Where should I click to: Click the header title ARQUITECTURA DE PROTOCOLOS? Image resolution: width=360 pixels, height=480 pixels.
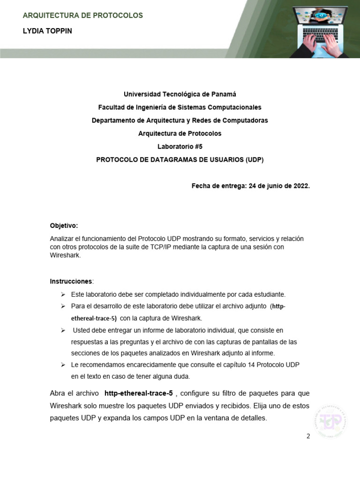click(83, 15)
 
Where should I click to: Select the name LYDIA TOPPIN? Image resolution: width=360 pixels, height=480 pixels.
click(47, 31)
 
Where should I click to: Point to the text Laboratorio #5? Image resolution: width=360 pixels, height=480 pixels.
click(180, 146)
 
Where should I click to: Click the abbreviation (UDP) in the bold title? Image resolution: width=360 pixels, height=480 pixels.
click(255, 159)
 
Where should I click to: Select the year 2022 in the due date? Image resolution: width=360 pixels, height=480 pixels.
click(300, 186)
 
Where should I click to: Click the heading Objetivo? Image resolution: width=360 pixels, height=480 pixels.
click(64, 225)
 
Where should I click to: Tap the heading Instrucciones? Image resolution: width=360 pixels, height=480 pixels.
click(71, 281)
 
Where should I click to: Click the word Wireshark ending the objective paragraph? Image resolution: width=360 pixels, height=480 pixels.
click(65, 256)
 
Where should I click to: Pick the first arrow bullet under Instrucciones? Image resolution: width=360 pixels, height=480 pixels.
click(63, 294)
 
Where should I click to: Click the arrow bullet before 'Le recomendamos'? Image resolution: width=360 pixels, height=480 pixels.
click(63, 365)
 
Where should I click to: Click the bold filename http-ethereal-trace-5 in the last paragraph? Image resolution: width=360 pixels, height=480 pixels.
click(139, 393)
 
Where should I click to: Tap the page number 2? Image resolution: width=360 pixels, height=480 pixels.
click(308, 436)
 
